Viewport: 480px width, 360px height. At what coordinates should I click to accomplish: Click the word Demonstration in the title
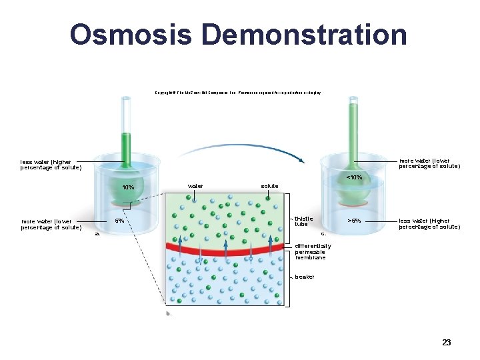300,34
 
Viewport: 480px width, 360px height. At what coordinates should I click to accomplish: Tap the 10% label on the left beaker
127,187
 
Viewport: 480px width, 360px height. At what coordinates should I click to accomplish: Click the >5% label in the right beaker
355,221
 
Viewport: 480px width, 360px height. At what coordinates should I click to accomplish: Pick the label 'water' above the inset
195,185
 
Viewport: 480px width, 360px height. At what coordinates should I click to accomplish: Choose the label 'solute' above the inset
269,185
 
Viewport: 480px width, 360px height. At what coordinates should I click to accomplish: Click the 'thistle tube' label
303,221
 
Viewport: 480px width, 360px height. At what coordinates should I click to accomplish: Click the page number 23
447,343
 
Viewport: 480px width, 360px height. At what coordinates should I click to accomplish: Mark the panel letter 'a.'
97,234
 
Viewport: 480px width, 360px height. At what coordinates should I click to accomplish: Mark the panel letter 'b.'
169,313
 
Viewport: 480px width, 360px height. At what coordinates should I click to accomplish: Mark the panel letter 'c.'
324,234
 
